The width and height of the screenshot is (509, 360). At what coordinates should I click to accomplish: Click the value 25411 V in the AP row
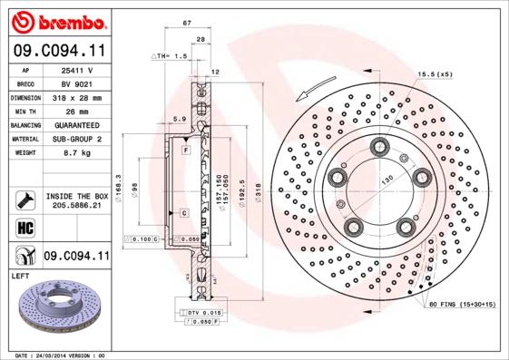pos(79,70)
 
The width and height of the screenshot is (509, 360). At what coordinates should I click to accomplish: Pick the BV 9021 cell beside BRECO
pos(79,83)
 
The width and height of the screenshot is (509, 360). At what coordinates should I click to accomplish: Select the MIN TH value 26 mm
pos(79,111)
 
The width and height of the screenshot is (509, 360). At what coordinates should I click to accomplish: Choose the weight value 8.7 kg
pos(79,153)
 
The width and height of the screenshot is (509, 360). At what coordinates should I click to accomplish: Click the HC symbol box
pos(24,226)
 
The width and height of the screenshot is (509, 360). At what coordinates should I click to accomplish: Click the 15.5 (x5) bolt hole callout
pos(435,74)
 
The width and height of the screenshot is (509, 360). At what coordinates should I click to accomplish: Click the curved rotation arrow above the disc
pos(314,90)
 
